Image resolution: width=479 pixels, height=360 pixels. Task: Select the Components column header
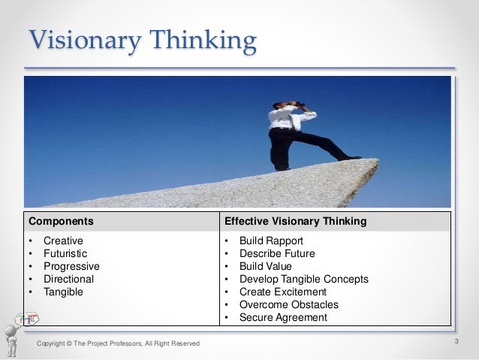pyautogui.click(x=61, y=222)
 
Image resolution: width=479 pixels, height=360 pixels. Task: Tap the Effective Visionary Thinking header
pyautogui.click(x=295, y=222)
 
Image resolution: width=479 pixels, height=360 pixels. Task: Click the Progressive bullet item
pyautogui.click(x=71, y=266)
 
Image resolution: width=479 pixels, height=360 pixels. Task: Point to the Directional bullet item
pyautogui.click(x=68, y=279)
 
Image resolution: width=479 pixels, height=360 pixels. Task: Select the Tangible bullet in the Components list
pyautogui.click(x=63, y=292)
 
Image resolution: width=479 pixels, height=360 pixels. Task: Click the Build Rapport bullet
pyautogui.click(x=271, y=241)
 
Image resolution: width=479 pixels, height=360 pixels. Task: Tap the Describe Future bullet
pyautogui.click(x=277, y=253)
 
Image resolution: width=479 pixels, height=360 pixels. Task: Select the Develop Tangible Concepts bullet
pyautogui.click(x=303, y=279)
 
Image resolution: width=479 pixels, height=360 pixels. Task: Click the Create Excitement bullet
pyautogui.click(x=282, y=292)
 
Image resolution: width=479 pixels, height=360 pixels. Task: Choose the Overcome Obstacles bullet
pyautogui.click(x=288, y=304)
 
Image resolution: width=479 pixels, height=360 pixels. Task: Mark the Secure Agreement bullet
pyautogui.click(x=283, y=317)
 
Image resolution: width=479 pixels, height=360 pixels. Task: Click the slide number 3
pyautogui.click(x=456, y=342)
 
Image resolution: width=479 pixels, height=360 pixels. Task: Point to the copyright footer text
pyautogui.click(x=119, y=343)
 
